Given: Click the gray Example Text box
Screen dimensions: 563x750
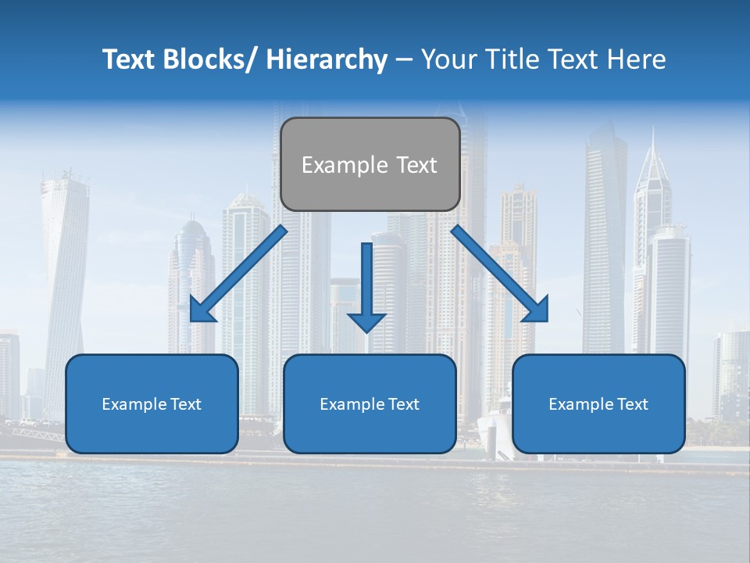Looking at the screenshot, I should click(370, 164).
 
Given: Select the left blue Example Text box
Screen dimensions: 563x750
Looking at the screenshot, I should click(152, 403).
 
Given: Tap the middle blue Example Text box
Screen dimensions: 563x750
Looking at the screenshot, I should click(370, 403).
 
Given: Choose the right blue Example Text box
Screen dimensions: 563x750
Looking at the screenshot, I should click(598, 403).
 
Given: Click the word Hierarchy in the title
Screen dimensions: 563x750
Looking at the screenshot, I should click(327, 59).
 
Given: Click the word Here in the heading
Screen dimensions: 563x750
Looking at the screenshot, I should click(637, 59).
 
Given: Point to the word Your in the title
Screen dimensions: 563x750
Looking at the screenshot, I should click(448, 59).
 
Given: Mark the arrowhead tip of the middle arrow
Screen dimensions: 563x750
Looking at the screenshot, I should click(366, 332).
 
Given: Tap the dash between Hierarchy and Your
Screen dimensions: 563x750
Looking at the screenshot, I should click(404, 59).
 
